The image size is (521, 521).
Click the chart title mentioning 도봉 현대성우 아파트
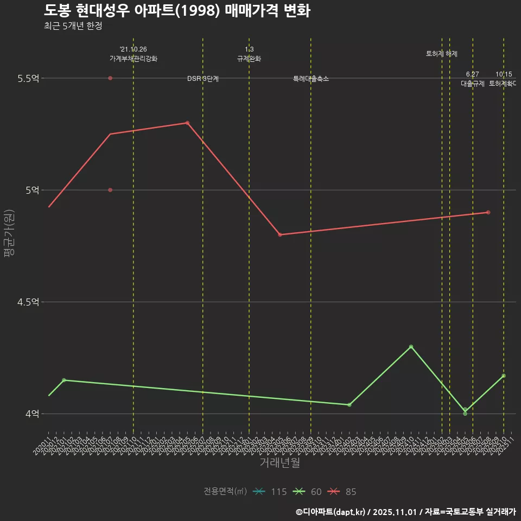click(x=177, y=11)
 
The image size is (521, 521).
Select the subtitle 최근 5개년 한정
click(x=73, y=26)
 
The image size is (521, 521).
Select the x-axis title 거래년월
click(x=279, y=463)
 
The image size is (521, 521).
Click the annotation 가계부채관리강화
click(x=134, y=59)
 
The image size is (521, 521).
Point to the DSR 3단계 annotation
click(x=203, y=79)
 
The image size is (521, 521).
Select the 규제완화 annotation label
click(x=249, y=59)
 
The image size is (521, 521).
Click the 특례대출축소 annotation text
click(x=311, y=79)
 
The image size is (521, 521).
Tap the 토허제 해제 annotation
click(x=442, y=54)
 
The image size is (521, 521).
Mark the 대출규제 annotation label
click(x=473, y=84)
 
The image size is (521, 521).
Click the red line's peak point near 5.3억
click(x=187, y=123)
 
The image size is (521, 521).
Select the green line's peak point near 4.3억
click(x=411, y=346)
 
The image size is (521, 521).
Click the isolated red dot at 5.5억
click(x=110, y=78)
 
